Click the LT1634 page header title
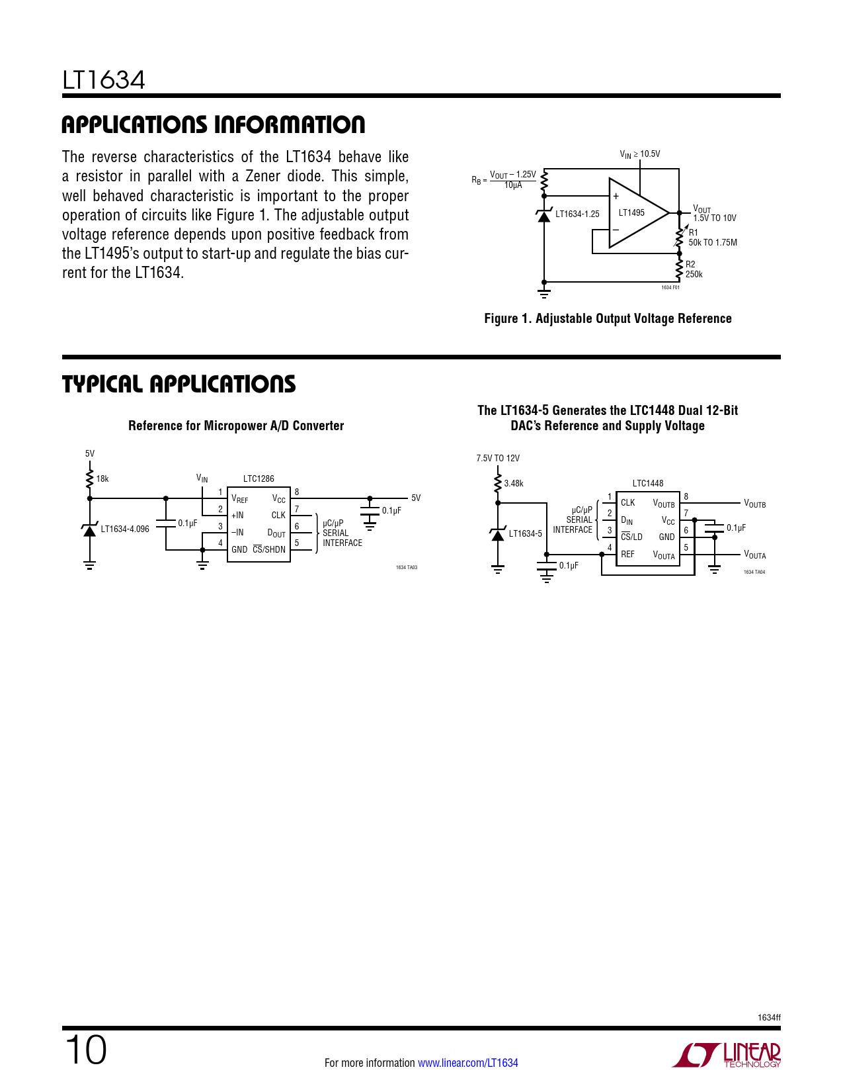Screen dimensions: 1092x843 point(104,80)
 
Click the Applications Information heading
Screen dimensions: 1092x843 point(213,124)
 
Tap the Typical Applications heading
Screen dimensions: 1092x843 point(179,384)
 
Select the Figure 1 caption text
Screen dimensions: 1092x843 point(608,318)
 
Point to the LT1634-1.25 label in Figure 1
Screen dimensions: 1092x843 point(577,214)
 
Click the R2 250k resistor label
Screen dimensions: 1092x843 point(694,269)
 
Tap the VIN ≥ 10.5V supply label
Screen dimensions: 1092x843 point(639,154)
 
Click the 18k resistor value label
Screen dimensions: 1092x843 point(102,478)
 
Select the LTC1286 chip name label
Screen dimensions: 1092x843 point(259,478)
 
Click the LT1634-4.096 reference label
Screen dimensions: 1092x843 point(125,529)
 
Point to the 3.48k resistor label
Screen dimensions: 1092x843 point(514,483)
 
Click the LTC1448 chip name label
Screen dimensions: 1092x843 point(647,483)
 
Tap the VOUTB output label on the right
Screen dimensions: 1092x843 point(754,504)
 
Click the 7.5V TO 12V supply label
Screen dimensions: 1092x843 point(498,458)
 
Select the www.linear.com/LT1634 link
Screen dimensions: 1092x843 point(467,1063)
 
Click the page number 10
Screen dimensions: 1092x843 point(85,1050)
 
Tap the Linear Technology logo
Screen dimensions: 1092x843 point(727,1054)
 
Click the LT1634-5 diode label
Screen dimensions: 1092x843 point(525,533)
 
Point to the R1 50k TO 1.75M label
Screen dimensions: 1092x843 point(712,238)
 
